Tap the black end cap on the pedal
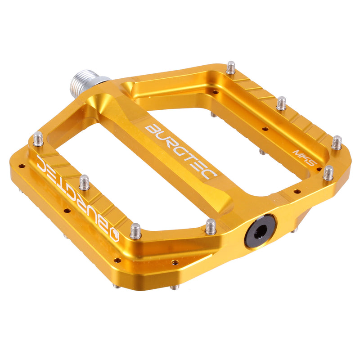point(260,231)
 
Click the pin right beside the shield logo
point(135,231)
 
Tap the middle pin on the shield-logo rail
point(84,182)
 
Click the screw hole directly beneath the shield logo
point(117,260)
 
